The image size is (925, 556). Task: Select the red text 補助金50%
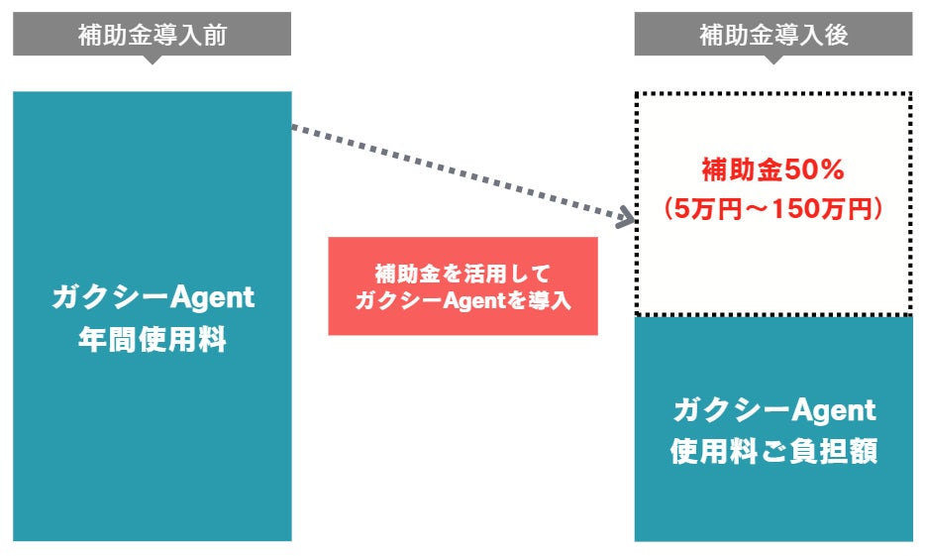tap(772, 170)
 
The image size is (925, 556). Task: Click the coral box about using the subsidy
tap(462, 285)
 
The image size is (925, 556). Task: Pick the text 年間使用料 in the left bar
tap(153, 340)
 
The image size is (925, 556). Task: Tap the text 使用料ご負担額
tap(773, 451)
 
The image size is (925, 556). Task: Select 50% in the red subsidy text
tap(813, 170)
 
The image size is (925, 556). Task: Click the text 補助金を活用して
tap(462, 272)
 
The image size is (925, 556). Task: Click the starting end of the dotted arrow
tap(295, 127)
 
